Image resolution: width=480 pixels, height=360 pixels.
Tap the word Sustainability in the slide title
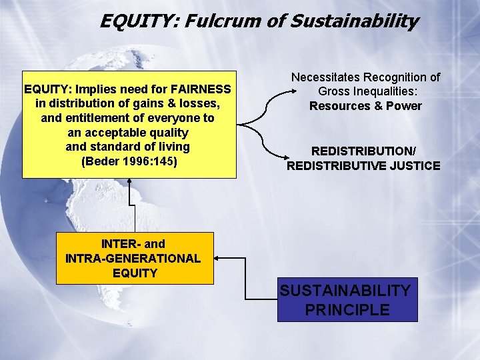point(355,21)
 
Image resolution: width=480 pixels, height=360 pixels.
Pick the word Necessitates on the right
point(325,77)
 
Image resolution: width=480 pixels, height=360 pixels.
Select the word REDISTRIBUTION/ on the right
point(363,151)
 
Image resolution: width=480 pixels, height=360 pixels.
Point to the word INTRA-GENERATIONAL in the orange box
point(133,258)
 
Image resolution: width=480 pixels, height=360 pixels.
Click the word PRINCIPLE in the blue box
point(347,309)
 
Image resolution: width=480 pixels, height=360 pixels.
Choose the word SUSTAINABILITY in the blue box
point(345,291)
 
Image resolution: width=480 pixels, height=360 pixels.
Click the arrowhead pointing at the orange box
point(219,258)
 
